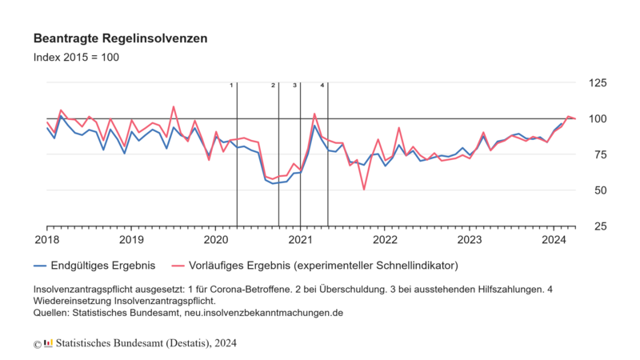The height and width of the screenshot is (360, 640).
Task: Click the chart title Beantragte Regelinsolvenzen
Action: (121, 38)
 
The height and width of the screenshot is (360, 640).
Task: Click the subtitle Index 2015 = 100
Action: (76, 57)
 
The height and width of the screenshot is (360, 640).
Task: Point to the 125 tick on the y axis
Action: (596, 83)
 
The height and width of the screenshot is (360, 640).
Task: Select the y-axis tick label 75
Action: (596, 154)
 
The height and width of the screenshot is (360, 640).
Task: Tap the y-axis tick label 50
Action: (596, 190)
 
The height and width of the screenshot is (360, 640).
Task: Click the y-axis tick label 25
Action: (596, 226)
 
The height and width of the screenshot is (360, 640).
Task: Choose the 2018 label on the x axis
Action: (46, 239)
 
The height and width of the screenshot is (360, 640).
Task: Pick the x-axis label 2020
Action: (216, 239)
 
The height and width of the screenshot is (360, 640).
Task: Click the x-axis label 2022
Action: (385, 239)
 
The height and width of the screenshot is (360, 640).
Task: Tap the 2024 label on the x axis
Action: (554, 239)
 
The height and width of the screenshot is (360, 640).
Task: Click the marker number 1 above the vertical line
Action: (231, 85)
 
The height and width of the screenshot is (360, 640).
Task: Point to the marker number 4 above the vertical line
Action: (322, 85)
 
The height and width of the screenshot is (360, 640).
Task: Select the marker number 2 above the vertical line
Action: (273, 85)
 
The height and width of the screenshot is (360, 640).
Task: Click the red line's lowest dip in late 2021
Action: (364, 190)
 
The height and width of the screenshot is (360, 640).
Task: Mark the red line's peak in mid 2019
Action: (174, 106)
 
